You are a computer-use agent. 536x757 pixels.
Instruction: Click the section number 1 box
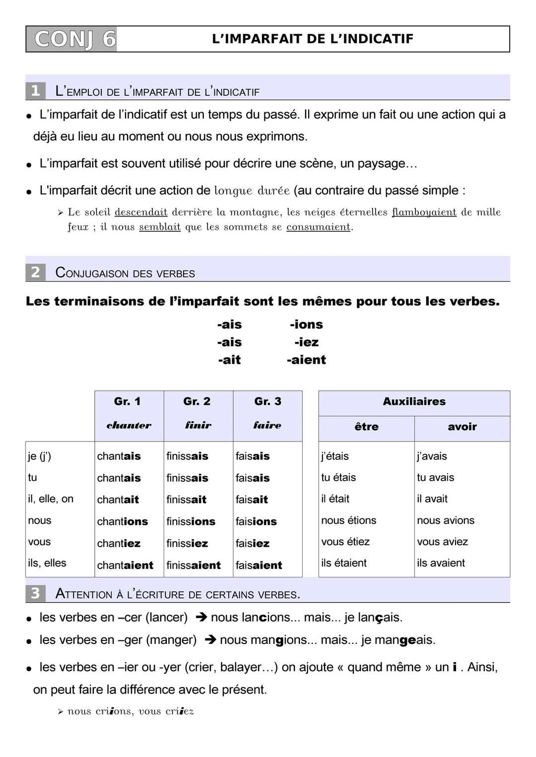(35, 91)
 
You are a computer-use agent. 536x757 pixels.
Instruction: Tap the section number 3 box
(35, 593)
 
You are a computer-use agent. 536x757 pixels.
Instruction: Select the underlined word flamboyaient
(424, 212)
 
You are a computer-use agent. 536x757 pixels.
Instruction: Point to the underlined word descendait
(141, 212)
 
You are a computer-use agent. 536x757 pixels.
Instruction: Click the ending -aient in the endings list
(306, 360)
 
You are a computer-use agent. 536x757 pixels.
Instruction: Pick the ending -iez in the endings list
(306, 342)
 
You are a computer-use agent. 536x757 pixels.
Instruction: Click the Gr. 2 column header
(197, 401)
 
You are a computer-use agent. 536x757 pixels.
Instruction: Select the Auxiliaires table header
(414, 401)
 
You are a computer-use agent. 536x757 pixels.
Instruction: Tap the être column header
(366, 427)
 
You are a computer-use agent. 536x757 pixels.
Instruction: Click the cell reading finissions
(191, 521)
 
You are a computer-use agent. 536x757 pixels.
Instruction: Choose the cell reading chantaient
(125, 565)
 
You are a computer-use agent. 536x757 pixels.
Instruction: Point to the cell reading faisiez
(253, 543)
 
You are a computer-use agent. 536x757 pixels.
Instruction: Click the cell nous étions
(348, 520)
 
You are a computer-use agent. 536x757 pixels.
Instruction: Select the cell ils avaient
(441, 563)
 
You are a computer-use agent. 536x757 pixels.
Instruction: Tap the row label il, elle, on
(51, 499)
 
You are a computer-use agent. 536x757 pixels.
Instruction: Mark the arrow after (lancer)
(201, 618)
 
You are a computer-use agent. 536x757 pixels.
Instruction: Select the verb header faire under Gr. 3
(267, 425)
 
